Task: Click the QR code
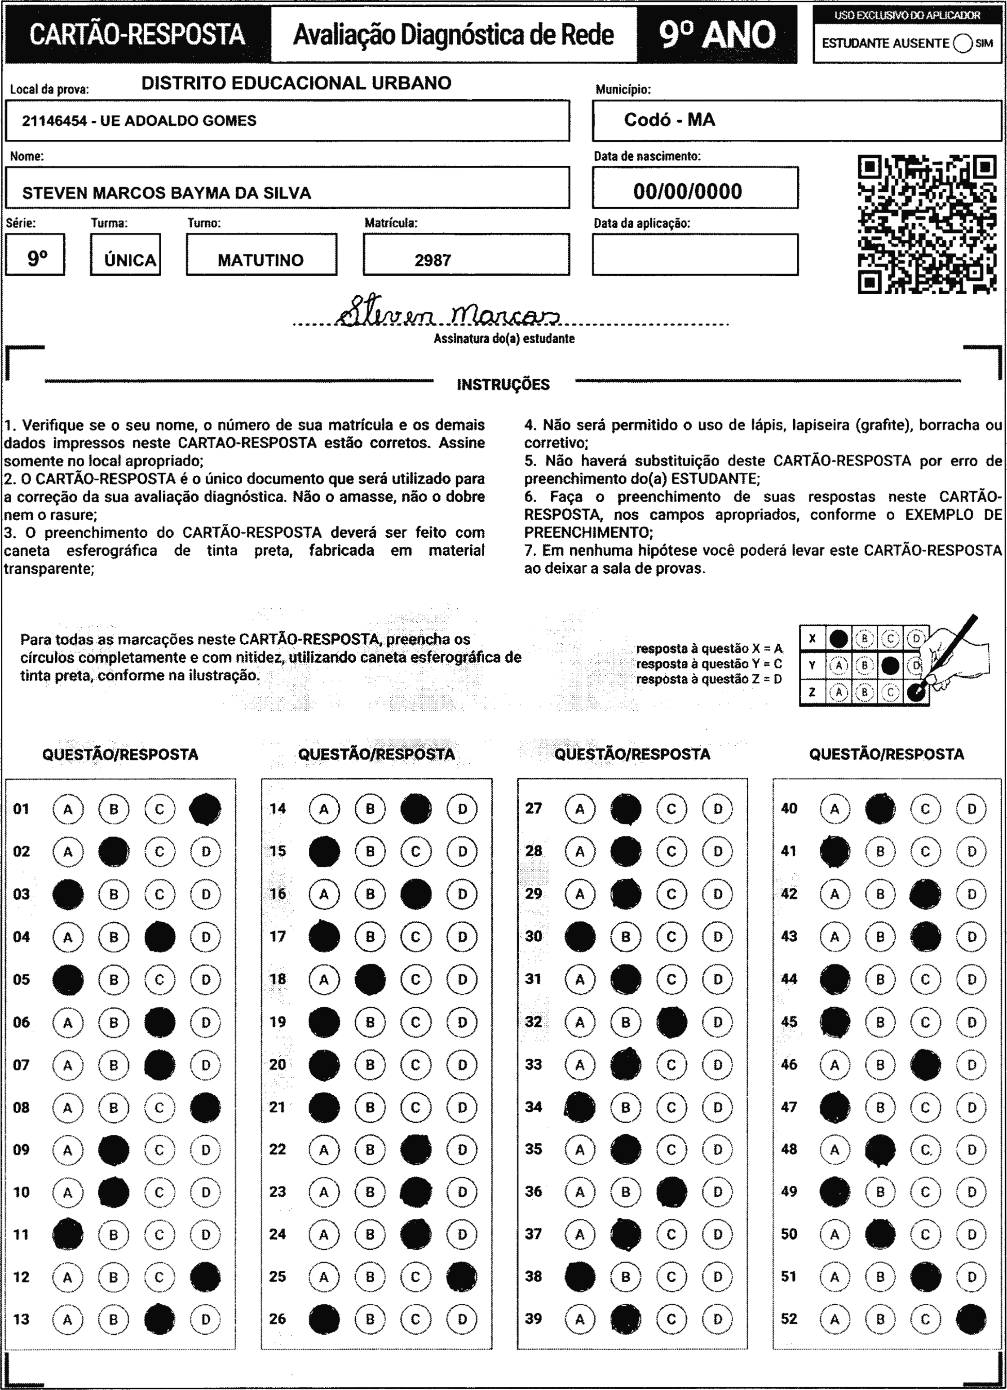point(927,224)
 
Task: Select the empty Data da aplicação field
point(695,254)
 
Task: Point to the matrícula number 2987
point(433,261)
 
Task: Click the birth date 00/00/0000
point(688,192)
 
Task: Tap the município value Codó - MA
point(669,120)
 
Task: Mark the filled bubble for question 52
point(971,1319)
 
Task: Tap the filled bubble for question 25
point(462,1277)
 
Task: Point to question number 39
point(533,1319)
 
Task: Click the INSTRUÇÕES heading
point(503,385)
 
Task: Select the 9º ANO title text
point(717,34)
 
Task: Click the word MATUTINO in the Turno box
point(261,261)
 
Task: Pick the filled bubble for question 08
point(205,1107)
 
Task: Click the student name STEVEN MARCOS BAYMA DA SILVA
point(167,193)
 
